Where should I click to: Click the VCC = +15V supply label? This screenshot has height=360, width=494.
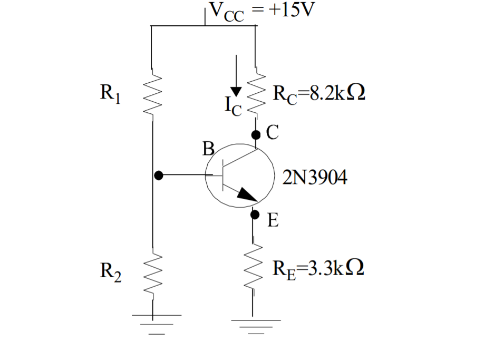[262, 12]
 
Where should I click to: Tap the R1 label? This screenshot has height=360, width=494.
[110, 93]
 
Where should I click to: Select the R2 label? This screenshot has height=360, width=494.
[111, 272]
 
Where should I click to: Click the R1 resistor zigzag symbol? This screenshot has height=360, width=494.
[152, 94]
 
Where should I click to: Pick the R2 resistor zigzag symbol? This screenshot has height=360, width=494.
[153, 274]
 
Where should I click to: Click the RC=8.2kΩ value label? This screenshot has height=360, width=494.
[319, 93]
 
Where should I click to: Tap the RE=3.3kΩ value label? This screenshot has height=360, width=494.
[318, 269]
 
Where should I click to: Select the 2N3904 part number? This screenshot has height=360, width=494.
[315, 177]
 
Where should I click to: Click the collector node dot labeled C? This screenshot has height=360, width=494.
[256, 135]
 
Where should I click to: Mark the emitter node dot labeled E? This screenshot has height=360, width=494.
[255, 215]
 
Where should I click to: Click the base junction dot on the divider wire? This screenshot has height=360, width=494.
[159, 176]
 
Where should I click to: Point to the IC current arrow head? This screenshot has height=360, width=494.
[236, 92]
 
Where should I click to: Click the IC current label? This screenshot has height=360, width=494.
[233, 106]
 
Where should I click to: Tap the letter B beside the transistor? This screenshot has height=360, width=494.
[208, 149]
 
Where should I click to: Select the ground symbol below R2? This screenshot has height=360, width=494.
[157, 324]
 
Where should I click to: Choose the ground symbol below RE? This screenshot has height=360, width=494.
[256, 327]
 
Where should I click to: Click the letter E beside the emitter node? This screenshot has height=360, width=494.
[273, 220]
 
